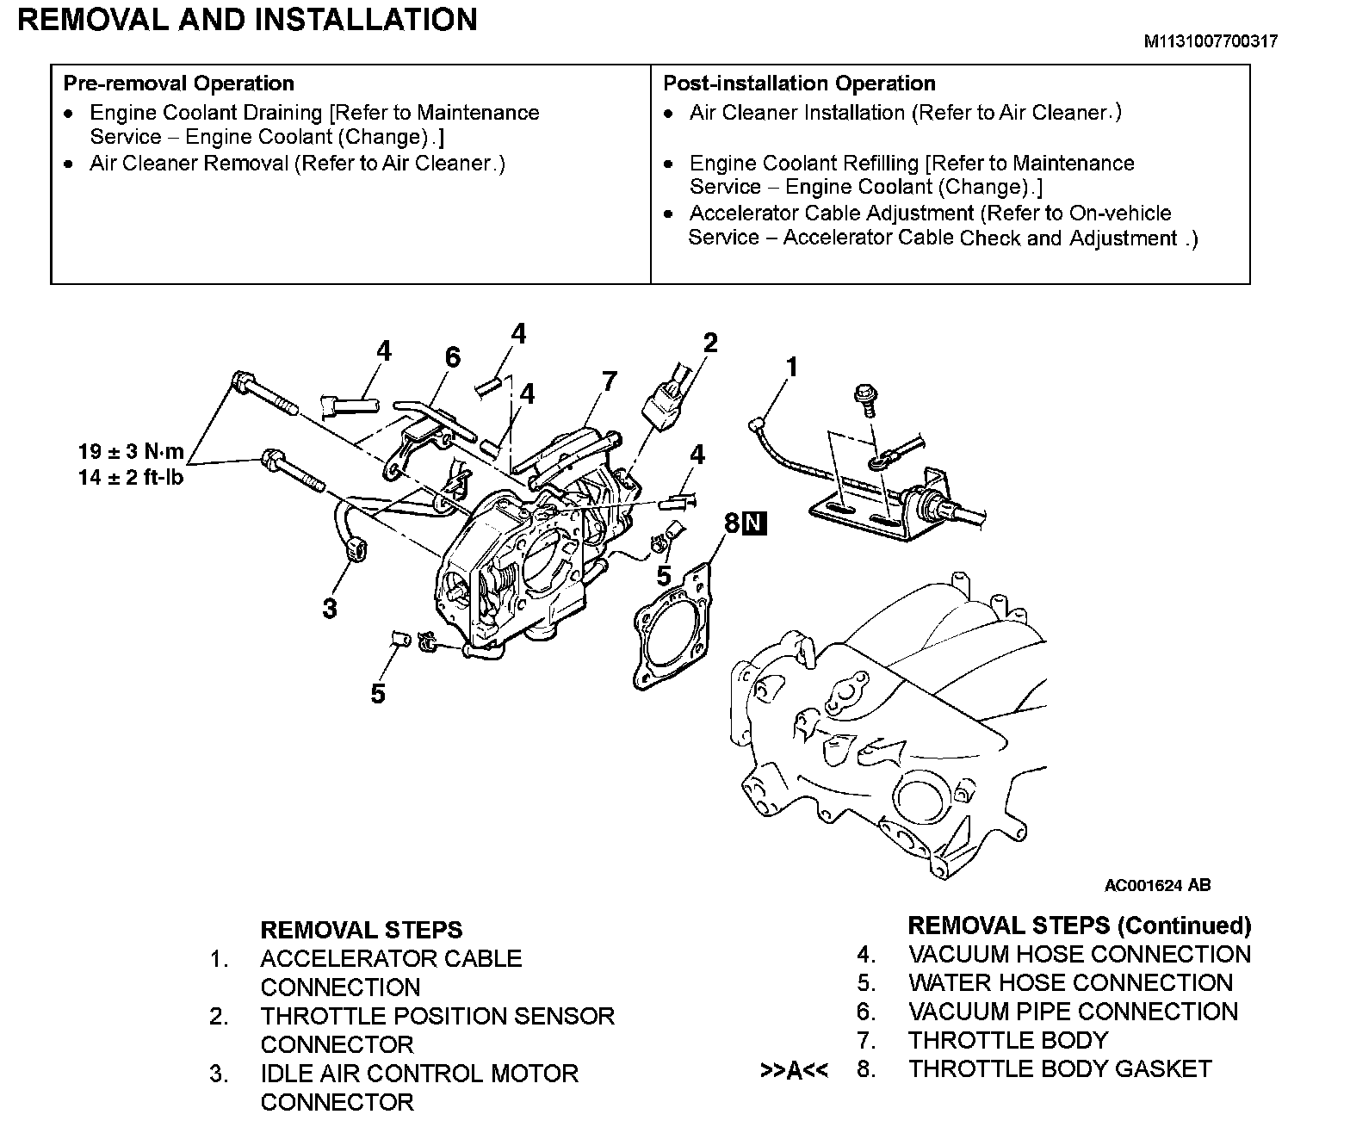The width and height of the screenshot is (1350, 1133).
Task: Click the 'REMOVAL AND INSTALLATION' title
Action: (x=247, y=20)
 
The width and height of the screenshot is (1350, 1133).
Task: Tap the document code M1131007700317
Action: (x=1210, y=41)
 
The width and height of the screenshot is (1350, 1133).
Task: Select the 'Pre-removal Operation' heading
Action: (x=178, y=84)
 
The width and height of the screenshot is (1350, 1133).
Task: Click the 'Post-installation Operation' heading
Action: (x=799, y=84)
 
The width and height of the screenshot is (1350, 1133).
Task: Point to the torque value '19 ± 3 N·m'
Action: (x=131, y=451)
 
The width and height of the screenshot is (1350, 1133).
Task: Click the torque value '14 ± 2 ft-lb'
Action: (x=131, y=477)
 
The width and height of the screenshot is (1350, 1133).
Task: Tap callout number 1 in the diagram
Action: (x=791, y=368)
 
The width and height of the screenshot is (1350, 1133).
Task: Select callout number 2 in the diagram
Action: (x=709, y=344)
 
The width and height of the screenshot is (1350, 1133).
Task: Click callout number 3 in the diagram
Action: (x=330, y=608)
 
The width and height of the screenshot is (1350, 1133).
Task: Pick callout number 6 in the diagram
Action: (x=452, y=356)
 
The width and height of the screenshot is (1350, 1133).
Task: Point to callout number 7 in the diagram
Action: (x=610, y=381)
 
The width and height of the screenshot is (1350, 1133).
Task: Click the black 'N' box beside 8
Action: (x=755, y=523)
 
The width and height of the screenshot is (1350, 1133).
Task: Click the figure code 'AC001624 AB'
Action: (x=1157, y=885)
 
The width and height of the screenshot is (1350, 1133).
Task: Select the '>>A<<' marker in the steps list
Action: (x=794, y=1070)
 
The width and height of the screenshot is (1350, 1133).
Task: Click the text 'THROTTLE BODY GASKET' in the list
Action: (x=1060, y=1069)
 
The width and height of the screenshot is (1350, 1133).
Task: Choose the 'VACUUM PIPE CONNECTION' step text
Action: (x=1073, y=1012)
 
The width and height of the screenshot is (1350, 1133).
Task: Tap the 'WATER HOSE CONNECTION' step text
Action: (x=1070, y=983)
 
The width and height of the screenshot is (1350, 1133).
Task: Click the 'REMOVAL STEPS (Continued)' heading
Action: (x=1079, y=926)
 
